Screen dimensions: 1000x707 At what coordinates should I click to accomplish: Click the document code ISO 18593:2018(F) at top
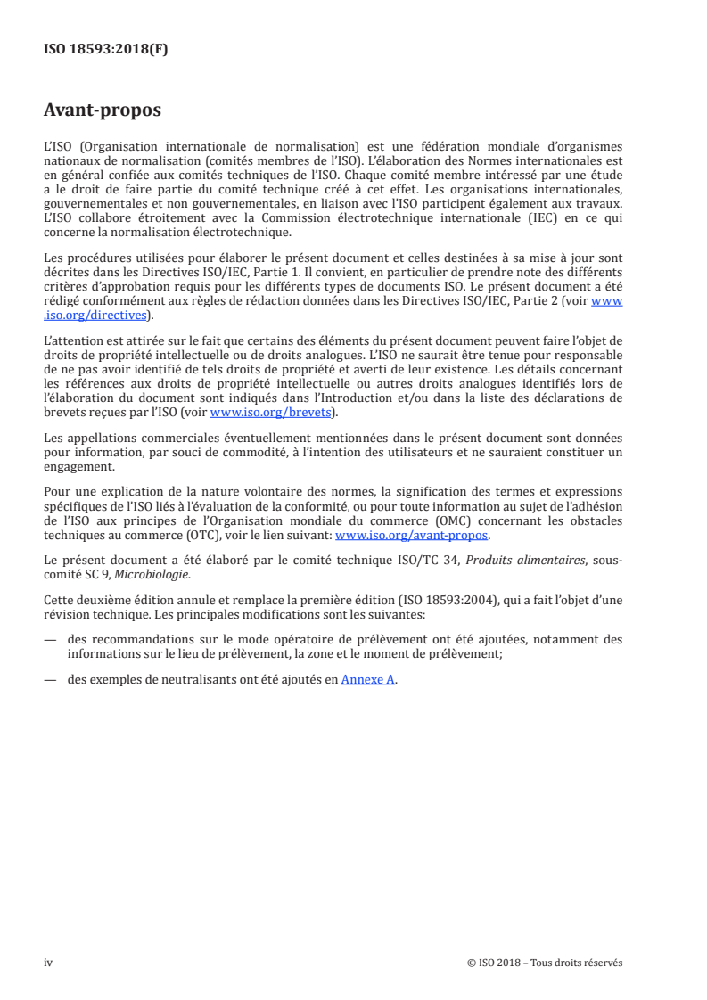[x=106, y=50]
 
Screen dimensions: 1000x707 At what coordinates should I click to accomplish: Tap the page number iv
[x=49, y=963]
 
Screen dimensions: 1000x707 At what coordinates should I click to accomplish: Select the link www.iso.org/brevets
[x=268, y=413]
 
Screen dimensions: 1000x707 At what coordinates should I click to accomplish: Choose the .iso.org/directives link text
[x=97, y=315]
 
